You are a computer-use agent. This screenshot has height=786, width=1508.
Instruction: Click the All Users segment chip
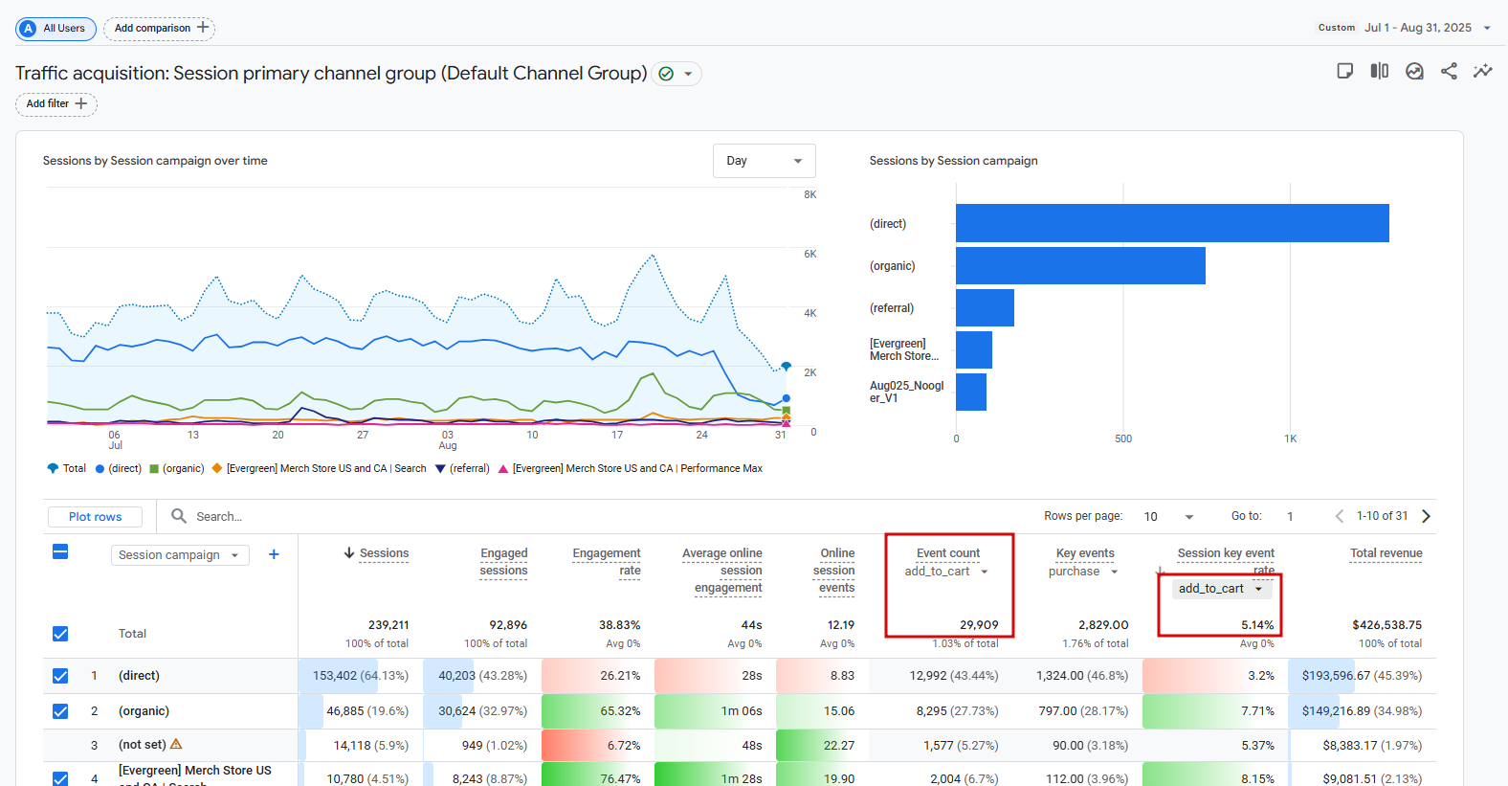click(55, 29)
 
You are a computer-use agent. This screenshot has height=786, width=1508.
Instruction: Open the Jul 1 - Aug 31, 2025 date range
click(1417, 28)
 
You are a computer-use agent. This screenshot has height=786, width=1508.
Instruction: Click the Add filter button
click(56, 104)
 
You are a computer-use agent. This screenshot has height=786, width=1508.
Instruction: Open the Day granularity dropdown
click(764, 161)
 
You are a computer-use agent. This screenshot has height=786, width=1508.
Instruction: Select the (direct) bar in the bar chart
click(1171, 223)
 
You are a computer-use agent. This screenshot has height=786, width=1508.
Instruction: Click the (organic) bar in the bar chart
click(1079, 265)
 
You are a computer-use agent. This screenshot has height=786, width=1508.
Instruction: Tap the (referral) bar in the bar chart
click(985, 307)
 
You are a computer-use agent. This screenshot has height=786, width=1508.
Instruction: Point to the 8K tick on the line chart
click(809, 195)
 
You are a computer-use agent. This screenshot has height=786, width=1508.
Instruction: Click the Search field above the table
click(287, 517)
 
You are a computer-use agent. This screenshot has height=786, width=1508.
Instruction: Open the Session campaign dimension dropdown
click(179, 555)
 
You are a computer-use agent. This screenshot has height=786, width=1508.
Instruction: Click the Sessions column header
click(384, 553)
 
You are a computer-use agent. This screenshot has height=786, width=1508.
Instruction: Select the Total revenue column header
click(1386, 553)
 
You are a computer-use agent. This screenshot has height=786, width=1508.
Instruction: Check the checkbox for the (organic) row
click(60, 711)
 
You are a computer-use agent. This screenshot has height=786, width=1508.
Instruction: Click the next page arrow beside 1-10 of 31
click(1426, 516)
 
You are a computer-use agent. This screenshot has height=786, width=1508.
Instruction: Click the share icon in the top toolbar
click(1449, 71)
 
